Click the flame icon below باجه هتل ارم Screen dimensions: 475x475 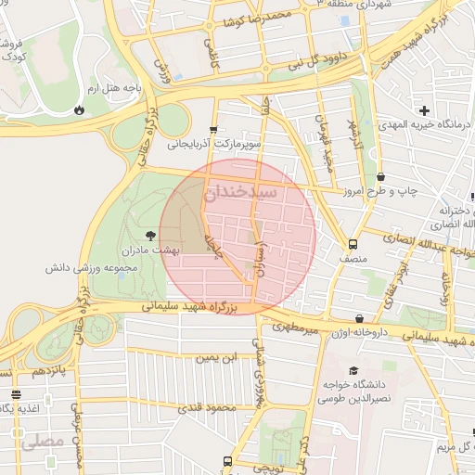[x=80, y=109]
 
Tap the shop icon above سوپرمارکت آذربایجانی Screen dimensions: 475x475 [x=214, y=129]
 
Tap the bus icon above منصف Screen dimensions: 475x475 [x=352, y=244]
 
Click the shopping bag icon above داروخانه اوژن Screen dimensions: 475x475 [x=359, y=318]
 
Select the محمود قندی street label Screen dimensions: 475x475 [x=206, y=407]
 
